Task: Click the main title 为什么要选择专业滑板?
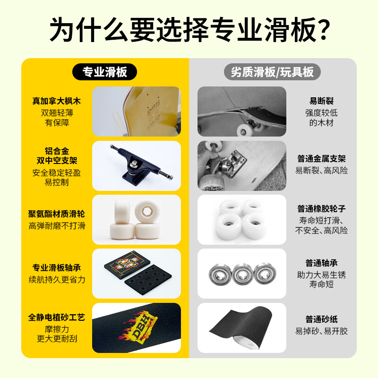point(189,29)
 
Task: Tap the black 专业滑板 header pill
point(105,71)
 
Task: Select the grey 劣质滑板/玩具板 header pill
point(272,71)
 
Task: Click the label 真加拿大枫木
point(57,101)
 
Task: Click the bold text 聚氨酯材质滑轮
point(57,214)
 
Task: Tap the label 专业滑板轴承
point(57,267)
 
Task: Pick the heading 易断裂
point(321,101)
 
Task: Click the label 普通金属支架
point(321,159)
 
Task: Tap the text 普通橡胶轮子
point(321,208)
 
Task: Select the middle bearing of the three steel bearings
point(241,274)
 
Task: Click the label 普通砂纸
point(321,320)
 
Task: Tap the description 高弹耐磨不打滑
point(57,226)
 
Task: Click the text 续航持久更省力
point(57,279)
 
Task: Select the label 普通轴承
point(321,263)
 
